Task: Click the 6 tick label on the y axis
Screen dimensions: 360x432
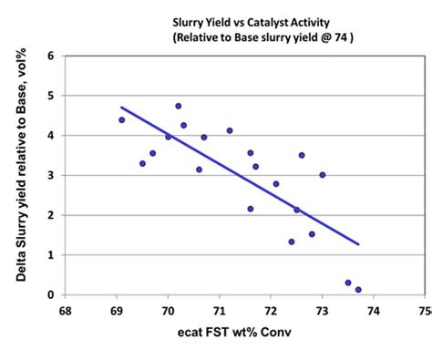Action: coord(50,56)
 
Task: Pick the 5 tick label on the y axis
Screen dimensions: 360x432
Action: coord(50,96)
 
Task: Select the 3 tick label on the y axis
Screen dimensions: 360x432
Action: coord(50,175)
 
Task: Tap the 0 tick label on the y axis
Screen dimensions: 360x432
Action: coord(50,294)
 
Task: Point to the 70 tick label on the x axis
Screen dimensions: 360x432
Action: coord(168,310)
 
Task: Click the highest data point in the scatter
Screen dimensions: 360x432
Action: coord(179,106)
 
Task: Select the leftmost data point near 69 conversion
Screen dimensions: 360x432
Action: coord(121,120)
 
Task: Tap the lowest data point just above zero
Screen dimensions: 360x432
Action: coord(358,290)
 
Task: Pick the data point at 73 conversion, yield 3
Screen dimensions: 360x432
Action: coord(322,175)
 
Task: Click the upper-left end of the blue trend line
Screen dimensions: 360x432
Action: coord(122,108)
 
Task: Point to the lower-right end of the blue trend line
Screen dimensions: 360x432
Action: coord(358,244)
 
